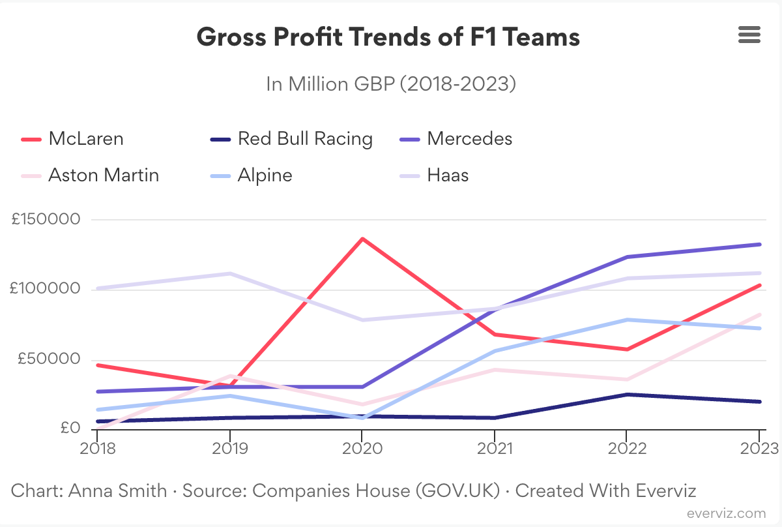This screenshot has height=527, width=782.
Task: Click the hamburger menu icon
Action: pyautogui.click(x=749, y=35)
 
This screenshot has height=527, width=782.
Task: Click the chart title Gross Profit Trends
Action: pyautogui.click(x=388, y=37)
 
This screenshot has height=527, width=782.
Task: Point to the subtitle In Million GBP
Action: pyautogui.click(x=390, y=84)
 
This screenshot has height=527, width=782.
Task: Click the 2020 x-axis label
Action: pyautogui.click(x=362, y=449)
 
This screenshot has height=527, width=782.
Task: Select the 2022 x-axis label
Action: pyautogui.click(x=626, y=449)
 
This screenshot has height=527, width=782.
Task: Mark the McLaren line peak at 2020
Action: pyautogui.click(x=362, y=239)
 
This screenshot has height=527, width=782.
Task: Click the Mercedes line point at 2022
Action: pyautogui.click(x=626, y=257)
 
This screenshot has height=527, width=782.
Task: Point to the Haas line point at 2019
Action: pyautogui.click(x=229, y=273)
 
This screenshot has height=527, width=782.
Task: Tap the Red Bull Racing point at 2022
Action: pyautogui.click(x=626, y=395)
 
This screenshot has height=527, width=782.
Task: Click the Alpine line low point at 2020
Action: pyautogui.click(x=362, y=418)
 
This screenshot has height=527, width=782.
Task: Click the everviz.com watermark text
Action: pyautogui.click(x=726, y=514)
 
